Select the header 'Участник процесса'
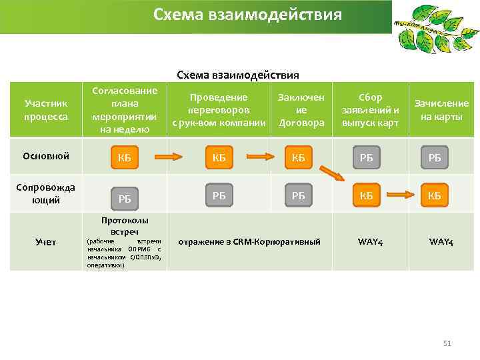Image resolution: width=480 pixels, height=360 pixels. coord(46,110)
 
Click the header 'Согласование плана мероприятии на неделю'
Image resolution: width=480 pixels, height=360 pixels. coord(124,110)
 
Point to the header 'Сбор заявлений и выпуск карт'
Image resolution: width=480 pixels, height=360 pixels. coord(370,110)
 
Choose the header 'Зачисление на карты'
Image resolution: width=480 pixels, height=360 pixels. coord(441,110)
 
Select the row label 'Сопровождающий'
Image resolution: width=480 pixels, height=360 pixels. coord(46,193)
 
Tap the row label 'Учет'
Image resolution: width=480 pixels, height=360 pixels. coord(46,241)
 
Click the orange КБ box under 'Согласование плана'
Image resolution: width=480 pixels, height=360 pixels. coord(124,158)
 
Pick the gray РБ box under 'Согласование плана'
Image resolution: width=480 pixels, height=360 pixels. coord(124,198)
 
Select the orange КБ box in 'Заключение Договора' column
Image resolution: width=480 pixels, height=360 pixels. coord(298,158)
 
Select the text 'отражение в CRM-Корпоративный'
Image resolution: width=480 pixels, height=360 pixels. coord(250,241)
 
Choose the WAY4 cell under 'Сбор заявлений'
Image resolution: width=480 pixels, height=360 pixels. coord(370,241)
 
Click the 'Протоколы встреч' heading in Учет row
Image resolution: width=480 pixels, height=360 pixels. coord(124,225)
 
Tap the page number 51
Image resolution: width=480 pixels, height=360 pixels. coord(447,343)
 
